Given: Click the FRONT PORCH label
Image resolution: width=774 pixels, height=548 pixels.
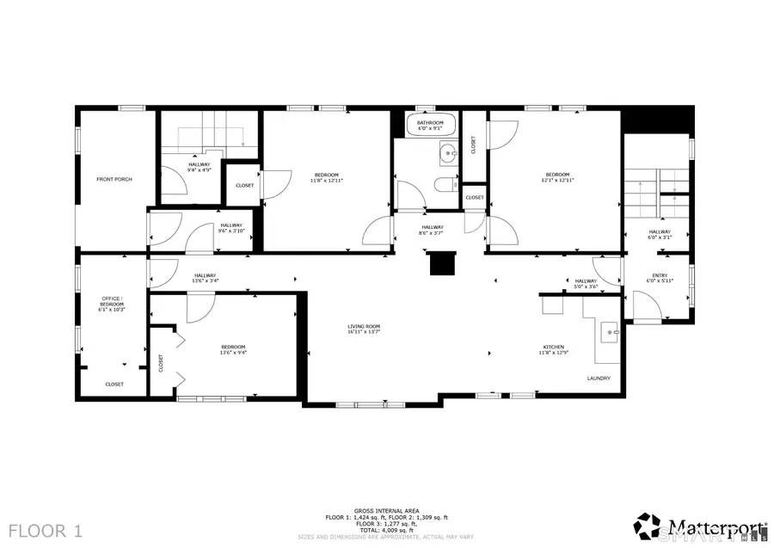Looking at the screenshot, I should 114,179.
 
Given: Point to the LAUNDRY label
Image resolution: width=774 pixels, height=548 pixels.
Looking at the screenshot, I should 599,379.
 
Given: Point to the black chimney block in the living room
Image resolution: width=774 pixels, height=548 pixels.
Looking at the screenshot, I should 441,263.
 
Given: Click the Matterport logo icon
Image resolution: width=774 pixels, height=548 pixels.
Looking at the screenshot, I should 648,524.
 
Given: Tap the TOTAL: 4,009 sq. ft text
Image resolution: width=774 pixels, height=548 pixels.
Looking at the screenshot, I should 386,529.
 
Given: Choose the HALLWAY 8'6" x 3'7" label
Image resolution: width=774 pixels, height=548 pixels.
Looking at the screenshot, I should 433,230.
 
